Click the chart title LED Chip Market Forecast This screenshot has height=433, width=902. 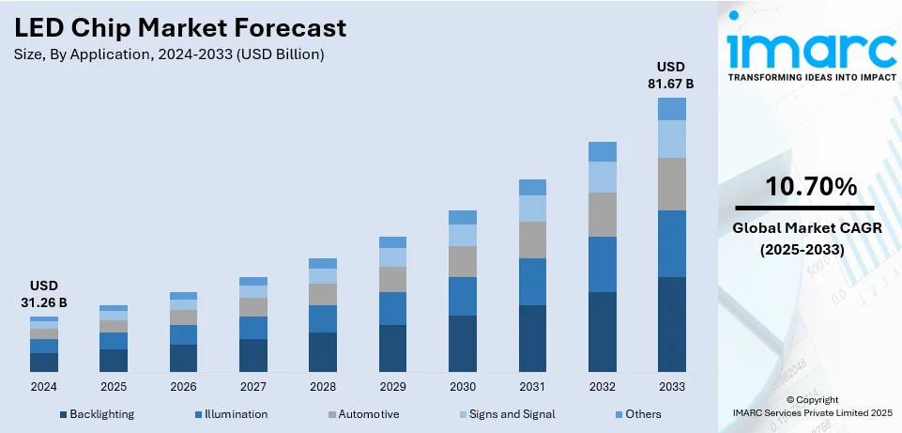click(180, 28)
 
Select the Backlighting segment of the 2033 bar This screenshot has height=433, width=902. click(671, 324)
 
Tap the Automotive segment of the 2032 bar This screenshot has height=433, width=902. click(602, 214)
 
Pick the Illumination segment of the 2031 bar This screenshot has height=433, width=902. click(532, 282)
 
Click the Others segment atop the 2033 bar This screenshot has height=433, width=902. click(671, 109)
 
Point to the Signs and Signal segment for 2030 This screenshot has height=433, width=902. click(463, 235)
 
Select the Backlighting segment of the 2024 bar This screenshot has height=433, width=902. click(44, 362)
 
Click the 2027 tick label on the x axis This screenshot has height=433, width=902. click(253, 387)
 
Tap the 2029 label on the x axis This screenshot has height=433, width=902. click(392, 387)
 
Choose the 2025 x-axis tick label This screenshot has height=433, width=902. click(114, 387)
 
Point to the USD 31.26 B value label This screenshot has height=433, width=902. click(44, 293)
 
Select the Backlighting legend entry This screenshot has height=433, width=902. click(97, 414)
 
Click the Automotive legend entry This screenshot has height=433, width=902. click(363, 414)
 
